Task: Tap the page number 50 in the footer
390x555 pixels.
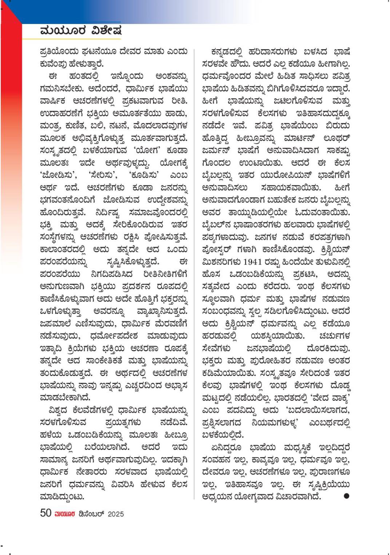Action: click(45, 513)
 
